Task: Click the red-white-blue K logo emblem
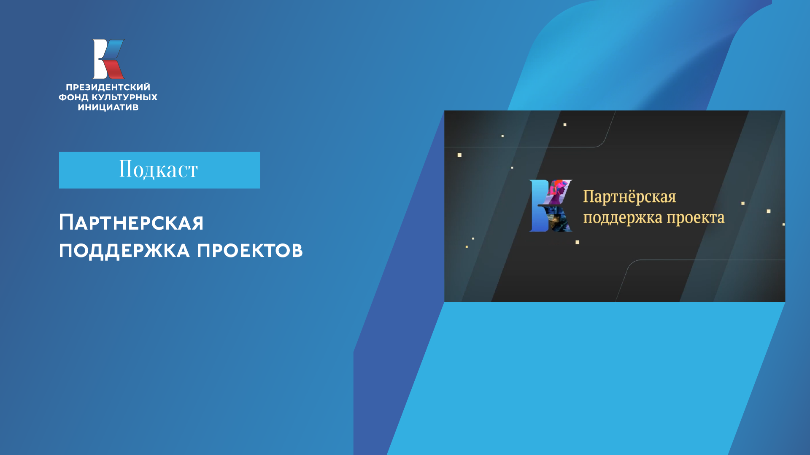(x=108, y=59)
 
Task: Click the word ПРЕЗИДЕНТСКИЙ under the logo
(x=108, y=87)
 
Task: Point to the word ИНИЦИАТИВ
(x=108, y=107)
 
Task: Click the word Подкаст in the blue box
(x=159, y=169)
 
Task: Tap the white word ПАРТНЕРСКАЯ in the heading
(x=131, y=223)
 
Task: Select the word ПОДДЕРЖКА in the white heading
(x=124, y=251)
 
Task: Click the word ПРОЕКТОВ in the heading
(x=250, y=251)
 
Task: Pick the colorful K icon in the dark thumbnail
(x=551, y=206)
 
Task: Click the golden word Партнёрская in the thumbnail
(x=629, y=197)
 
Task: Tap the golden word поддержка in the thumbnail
(x=623, y=218)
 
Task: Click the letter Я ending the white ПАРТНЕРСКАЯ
(x=197, y=223)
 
